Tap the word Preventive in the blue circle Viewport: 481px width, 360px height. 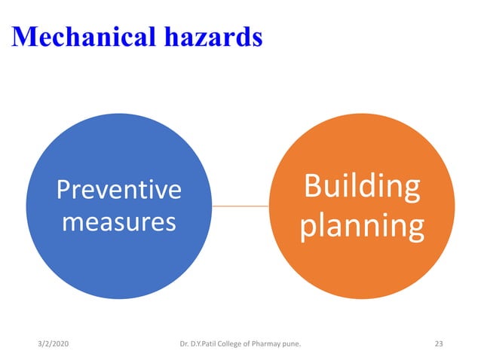[x=119, y=190]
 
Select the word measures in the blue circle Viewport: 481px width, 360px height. [x=119, y=222]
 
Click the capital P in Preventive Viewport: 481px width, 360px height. [x=63, y=190]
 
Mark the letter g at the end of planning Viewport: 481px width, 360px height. [x=414, y=228]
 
